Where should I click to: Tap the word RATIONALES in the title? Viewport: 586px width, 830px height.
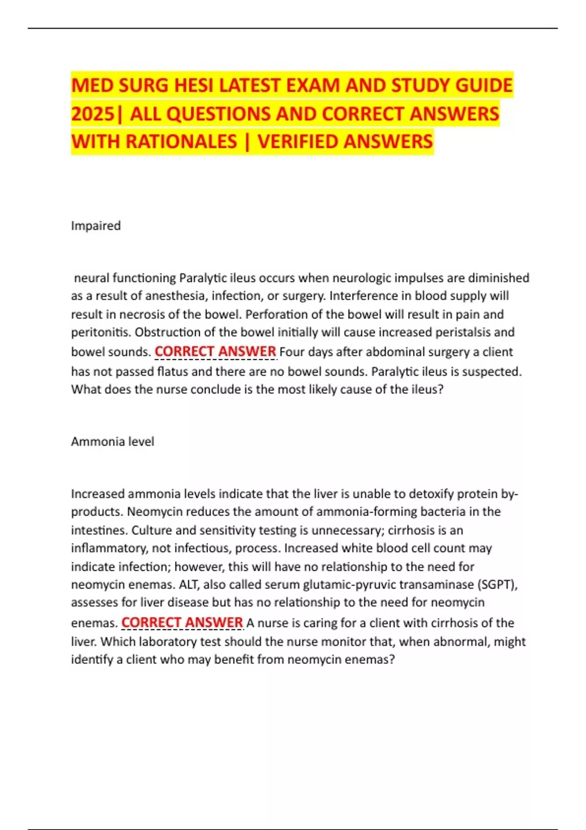click(x=181, y=142)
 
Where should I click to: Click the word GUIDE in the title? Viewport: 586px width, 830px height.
click(x=484, y=86)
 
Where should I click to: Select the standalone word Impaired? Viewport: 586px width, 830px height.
click(x=96, y=226)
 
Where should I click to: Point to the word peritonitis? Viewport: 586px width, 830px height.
click(x=101, y=332)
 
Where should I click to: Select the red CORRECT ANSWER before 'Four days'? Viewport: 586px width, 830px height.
click(x=215, y=352)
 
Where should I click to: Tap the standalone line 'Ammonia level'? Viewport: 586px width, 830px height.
click(x=112, y=442)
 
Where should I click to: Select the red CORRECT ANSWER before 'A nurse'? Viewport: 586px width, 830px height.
click(x=182, y=623)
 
